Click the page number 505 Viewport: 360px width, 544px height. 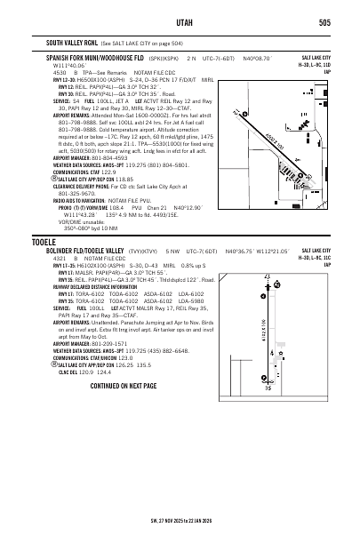tap(325, 23)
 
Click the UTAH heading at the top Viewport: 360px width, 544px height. tap(180, 23)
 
